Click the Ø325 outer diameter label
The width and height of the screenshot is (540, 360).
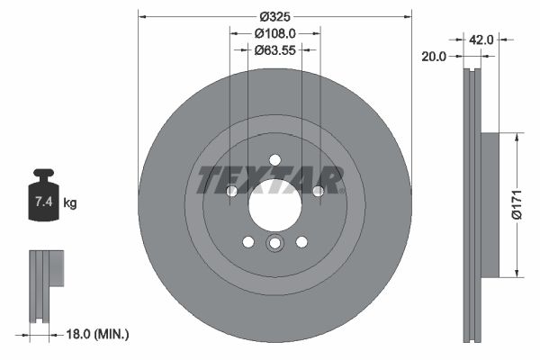(274, 17)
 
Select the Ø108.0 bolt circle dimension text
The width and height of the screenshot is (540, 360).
(274, 33)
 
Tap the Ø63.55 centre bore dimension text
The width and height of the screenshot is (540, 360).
(274, 50)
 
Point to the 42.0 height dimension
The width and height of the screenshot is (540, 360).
(481, 39)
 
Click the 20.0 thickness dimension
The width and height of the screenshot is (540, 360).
(435, 56)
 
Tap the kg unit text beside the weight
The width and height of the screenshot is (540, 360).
(70, 203)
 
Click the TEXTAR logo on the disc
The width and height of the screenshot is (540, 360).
(268, 180)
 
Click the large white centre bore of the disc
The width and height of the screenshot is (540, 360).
(274, 204)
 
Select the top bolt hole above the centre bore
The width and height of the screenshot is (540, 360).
(274, 160)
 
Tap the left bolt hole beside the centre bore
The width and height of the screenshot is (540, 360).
(231, 191)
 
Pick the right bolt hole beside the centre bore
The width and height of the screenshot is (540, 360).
(318, 191)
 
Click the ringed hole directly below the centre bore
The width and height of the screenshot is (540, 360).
(274, 244)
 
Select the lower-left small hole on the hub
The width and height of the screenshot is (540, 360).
(247, 241)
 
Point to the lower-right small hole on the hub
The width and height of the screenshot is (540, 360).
(301, 241)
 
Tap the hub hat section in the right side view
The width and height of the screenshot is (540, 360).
(489, 204)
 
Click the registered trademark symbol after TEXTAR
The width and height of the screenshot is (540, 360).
(343, 191)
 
